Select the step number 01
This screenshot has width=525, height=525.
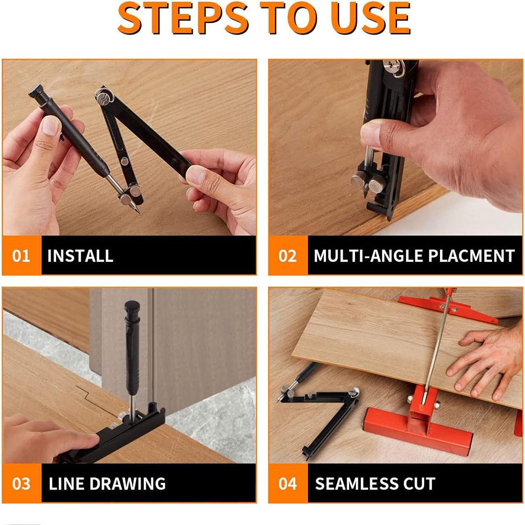(x=22, y=256)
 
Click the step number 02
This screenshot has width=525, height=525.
(x=288, y=256)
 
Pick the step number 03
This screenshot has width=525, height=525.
(x=22, y=483)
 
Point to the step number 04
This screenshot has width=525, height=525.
(x=288, y=483)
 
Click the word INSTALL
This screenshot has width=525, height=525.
(x=80, y=256)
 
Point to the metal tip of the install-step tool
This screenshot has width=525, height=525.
(x=135, y=208)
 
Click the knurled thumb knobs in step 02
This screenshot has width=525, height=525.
(x=368, y=182)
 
